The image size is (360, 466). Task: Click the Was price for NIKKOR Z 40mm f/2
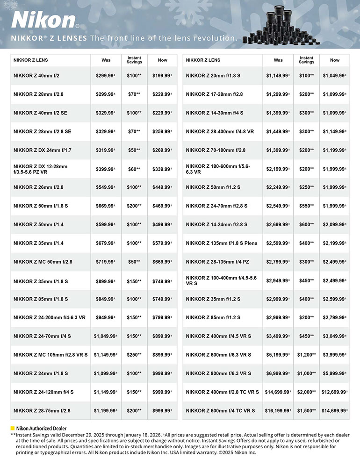click(105, 75)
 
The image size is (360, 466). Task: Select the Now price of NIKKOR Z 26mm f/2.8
click(162, 187)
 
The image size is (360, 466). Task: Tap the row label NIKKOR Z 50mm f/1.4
click(39, 224)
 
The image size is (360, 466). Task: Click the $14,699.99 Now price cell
click(335, 411)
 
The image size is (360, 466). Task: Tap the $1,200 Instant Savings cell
click(306, 355)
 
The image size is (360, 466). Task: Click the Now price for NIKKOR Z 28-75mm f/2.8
click(162, 411)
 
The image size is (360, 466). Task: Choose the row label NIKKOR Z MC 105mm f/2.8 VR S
click(50, 355)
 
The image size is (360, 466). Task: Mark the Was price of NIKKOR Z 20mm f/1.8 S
click(278, 75)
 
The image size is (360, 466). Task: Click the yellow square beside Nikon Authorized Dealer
click(13, 428)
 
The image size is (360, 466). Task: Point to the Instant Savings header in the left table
click(134, 60)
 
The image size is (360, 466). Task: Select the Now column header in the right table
click(335, 60)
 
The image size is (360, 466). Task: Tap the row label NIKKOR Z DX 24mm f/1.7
click(42, 150)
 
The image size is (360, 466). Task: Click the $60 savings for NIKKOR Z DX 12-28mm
click(134, 169)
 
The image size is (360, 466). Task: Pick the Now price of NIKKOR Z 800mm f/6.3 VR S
click(335, 373)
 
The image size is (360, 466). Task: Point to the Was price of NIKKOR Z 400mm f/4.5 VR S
click(278, 337)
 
